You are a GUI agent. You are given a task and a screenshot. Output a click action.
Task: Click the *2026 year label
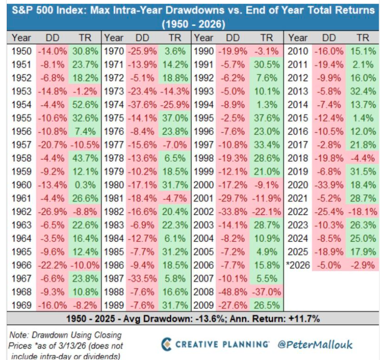click(298, 265)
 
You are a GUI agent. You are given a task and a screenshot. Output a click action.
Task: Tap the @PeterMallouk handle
click(315, 344)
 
